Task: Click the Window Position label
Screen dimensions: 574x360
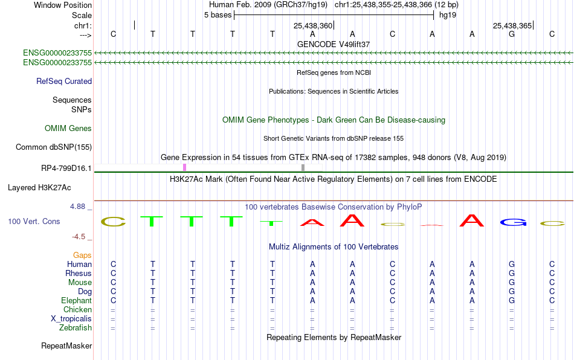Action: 63,5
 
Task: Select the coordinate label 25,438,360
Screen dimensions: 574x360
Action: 312,25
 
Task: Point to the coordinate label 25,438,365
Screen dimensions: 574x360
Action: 512,25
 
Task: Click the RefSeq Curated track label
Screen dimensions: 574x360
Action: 64,81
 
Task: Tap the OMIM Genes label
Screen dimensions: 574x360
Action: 68,129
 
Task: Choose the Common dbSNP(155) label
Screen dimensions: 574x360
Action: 54,147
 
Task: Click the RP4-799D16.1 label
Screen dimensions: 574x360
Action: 66,169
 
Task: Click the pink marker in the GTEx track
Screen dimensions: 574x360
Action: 184,167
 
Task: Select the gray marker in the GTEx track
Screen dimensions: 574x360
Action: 303,167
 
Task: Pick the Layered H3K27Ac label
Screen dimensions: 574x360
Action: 39,188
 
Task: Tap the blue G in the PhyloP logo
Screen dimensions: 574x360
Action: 513,222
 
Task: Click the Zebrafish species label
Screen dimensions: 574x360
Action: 76,328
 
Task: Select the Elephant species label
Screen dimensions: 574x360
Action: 77,301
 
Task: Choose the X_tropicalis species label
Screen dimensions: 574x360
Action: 71,319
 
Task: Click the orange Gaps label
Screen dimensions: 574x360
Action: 82,256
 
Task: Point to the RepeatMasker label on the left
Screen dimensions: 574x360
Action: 66,346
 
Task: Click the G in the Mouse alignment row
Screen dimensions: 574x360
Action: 512,283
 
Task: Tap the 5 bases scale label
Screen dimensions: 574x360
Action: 218,15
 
